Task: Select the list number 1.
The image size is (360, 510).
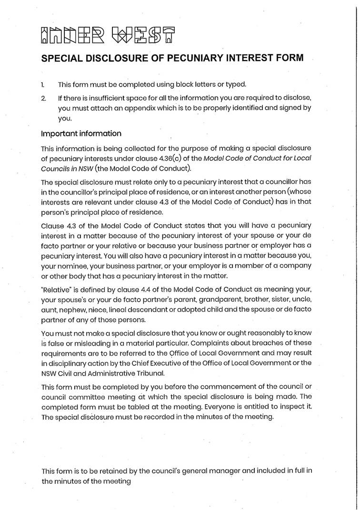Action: click(x=43, y=85)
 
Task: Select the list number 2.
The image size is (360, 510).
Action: click(x=43, y=98)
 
